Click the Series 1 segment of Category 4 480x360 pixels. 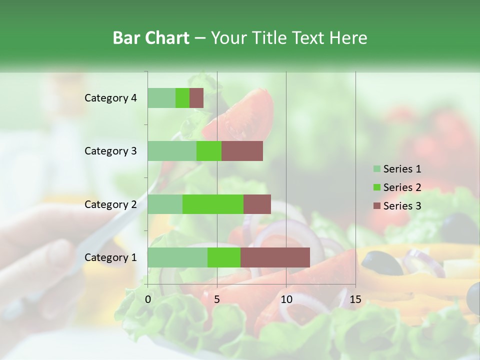[161, 98]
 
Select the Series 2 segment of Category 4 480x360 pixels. [182, 98]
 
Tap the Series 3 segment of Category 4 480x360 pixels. [196, 98]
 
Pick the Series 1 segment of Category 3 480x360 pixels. [172, 151]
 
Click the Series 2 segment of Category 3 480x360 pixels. [209, 151]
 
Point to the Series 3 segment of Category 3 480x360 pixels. [242, 151]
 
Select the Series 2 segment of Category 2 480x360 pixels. [213, 204]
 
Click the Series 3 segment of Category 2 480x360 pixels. [257, 204]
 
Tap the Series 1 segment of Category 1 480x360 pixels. [177, 257]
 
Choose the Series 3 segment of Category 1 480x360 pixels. [275, 257]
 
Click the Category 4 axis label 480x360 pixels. [110, 98]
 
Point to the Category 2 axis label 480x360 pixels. [110, 204]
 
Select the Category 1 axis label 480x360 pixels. [110, 257]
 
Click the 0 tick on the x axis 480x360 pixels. [148, 299]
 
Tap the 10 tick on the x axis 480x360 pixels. [286, 299]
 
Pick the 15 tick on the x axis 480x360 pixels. [355, 299]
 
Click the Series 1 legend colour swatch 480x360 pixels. [376, 169]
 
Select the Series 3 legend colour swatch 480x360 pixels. [376, 206]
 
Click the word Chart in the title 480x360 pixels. [169, 38]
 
